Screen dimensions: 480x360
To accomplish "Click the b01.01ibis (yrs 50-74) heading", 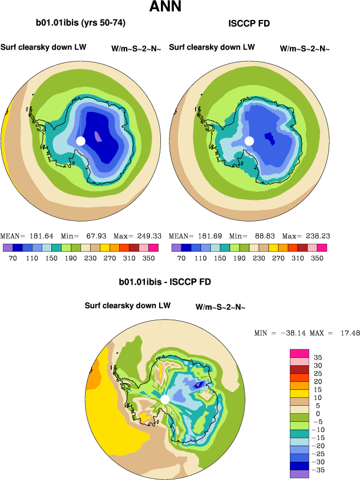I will coord(80,23).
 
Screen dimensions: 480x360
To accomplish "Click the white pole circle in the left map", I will coord(80,141).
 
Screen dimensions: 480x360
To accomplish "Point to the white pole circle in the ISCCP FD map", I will coord(249,141).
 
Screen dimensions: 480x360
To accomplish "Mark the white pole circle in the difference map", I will coord(165,399).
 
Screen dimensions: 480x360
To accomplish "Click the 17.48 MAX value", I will coord(349,333).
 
